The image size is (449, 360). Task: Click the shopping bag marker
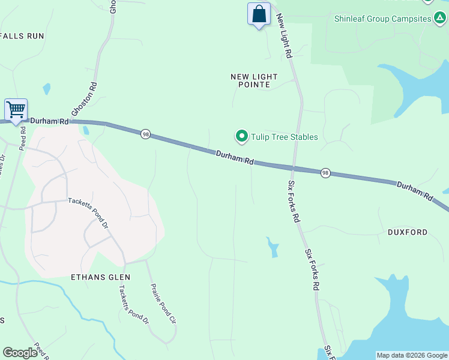(259, 14)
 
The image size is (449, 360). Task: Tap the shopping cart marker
(16, 110)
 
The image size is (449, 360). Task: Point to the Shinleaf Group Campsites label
(383, 19)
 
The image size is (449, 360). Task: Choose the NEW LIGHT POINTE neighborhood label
(255, 81)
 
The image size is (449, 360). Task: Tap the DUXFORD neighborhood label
(408, 232)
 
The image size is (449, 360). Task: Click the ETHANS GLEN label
(100, 277)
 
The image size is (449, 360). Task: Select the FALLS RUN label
(23, 36)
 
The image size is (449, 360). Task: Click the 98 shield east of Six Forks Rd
(325, 172)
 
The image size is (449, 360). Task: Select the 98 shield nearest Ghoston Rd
(145, 134)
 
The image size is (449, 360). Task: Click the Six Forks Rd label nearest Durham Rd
(294, 202)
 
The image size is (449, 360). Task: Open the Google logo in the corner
(20, 353)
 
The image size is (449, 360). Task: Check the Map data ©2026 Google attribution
(412, 355)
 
